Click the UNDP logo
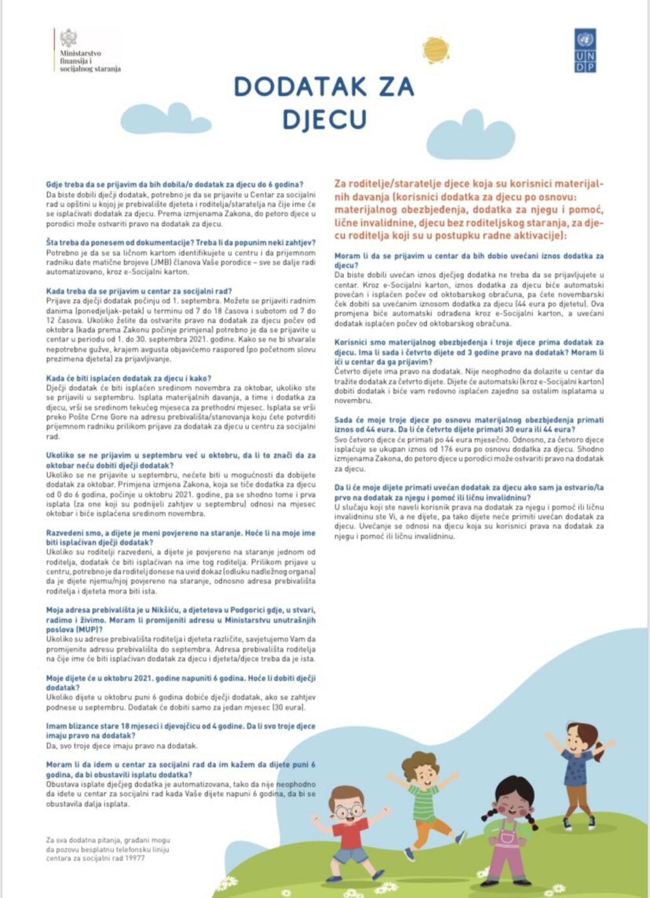click(x=585, y=50)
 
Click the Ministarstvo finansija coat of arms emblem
click(x=68, y=38)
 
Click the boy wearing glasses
click(x=349, y=831)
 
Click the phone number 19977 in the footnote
click(x=135, y=858)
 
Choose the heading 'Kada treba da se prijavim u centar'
click(x=138, y=292)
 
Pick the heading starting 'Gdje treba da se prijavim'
click(x=174, y=185)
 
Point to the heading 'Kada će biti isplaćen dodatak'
click(x=128, y=378)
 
